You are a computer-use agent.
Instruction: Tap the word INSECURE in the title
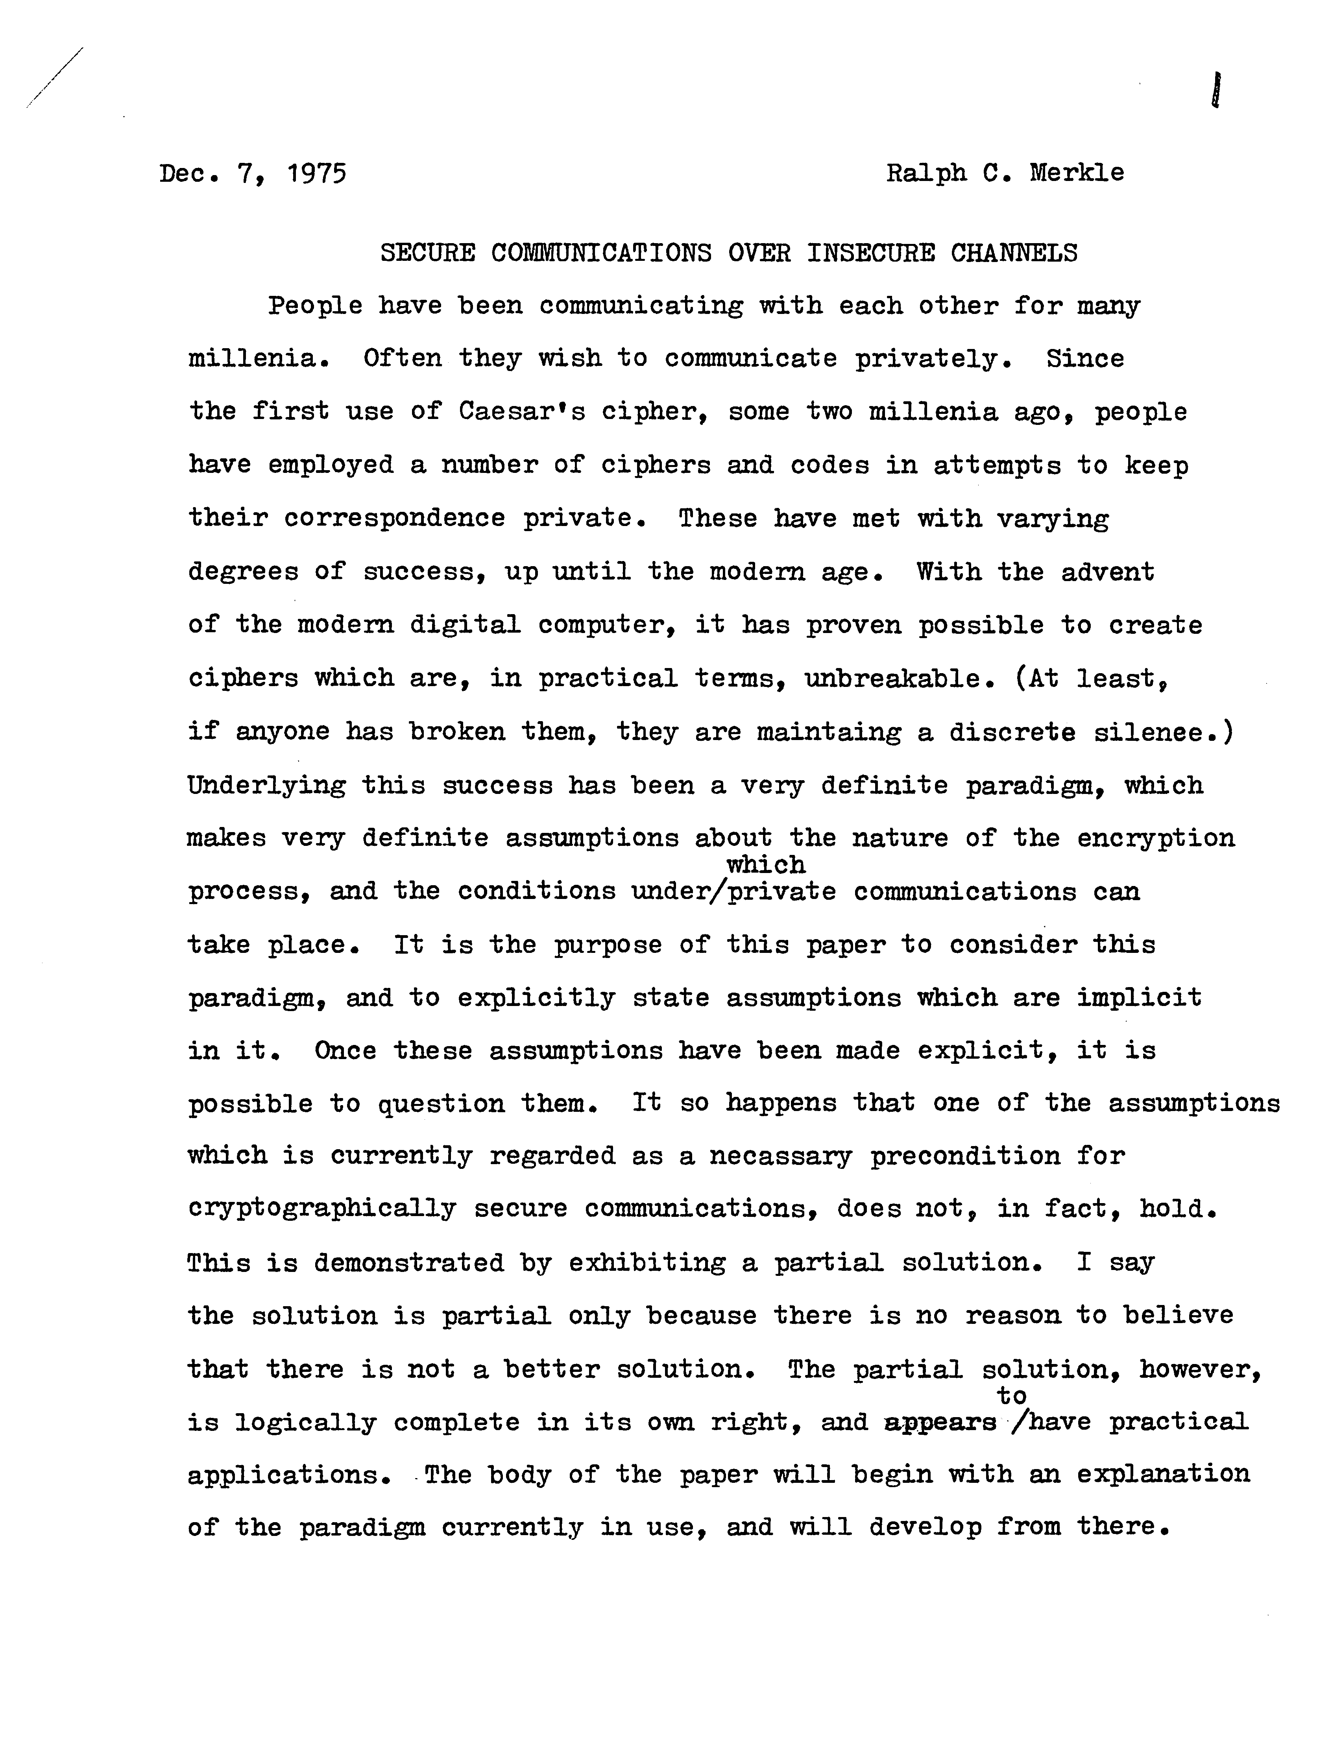click(870, 253)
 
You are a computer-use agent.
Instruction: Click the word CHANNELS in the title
click(1014, 253)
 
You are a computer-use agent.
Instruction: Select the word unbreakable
click(902, 679)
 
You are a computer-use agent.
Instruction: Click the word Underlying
click(267, 786)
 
